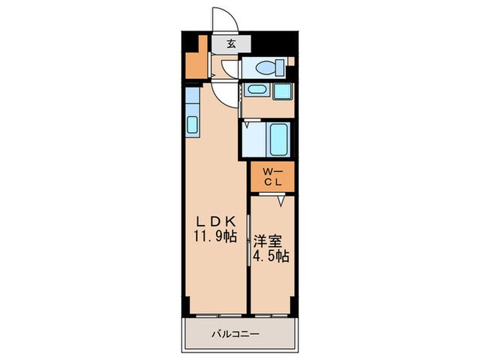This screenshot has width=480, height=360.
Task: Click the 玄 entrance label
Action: pyautogui.click(x=232, y=44)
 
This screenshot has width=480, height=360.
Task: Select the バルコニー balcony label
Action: pyautogui.click(x=235, y=335)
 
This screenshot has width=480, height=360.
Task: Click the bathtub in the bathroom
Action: pyautogui.click(x=280, y=139)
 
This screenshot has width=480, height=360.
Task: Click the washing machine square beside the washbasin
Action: pyautogui.click(x=282, y=91)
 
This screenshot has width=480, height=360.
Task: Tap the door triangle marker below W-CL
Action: pyautogui.click(x=281, y=200)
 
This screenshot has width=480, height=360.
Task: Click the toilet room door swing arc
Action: pyautogui.click(x=230, y=69)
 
